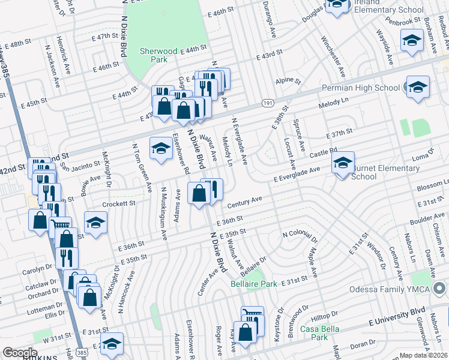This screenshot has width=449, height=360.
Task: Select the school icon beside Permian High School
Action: point(417,88)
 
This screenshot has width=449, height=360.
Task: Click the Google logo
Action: point(20,352)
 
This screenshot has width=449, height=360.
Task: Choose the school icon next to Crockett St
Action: point(96,223)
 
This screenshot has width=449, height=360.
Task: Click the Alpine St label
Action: point(288,80)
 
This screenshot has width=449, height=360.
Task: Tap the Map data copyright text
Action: point(424,355)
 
